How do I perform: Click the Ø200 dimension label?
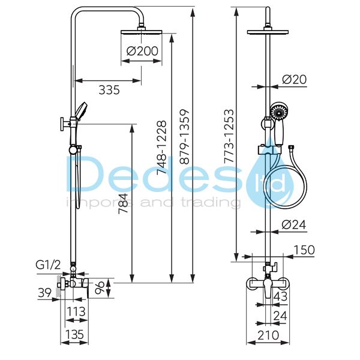tap(142, 51)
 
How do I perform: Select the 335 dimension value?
tap(109, 90)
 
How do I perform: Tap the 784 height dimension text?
tap(123, 203)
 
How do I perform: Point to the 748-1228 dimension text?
tap(161, 148)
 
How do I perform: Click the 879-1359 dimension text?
tap(184, 137)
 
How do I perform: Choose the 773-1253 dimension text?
tap(229, 136)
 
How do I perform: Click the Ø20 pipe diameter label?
tap(294, 79)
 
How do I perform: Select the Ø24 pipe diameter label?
tap(293, 224)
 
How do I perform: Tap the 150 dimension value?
tap(304, 250)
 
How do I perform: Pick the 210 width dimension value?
tap(268, 335)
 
